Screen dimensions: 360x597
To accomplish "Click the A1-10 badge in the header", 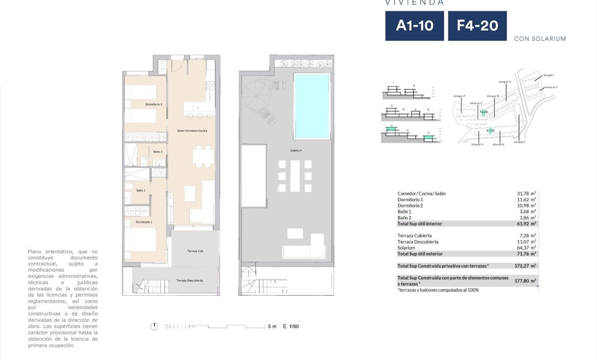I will [414, 25].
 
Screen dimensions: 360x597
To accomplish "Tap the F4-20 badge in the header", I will [477, 25].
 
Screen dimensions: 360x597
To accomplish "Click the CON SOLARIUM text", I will [540, 39].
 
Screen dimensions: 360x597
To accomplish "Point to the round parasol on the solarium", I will [256, 95].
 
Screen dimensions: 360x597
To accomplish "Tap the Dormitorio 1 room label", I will [143, 221].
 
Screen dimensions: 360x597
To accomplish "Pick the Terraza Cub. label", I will [195, 251].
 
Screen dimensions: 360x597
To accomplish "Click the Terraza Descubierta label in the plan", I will [189, 280].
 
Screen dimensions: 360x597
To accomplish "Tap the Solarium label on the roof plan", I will [296, 150].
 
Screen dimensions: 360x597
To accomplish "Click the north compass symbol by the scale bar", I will [154, 326].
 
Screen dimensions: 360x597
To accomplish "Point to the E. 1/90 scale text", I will [291, 327].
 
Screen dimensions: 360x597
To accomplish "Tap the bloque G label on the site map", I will [505, 82].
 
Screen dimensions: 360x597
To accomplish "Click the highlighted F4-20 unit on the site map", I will [483, 112].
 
